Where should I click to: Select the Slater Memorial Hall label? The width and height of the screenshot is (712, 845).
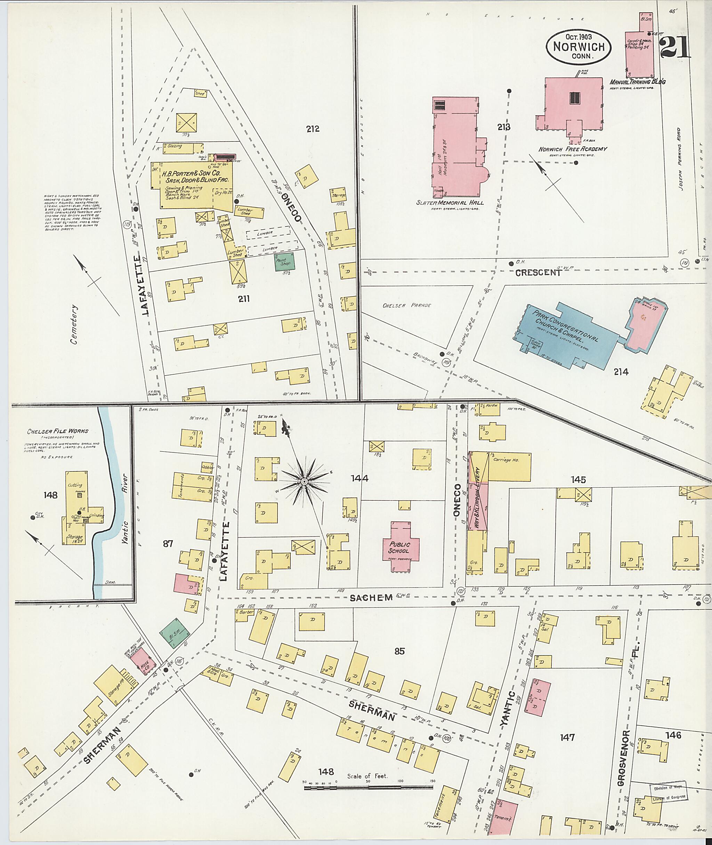450,202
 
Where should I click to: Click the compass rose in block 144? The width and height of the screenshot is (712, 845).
305,481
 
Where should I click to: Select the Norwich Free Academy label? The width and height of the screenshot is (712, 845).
573,149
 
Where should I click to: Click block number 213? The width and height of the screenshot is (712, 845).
503,127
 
